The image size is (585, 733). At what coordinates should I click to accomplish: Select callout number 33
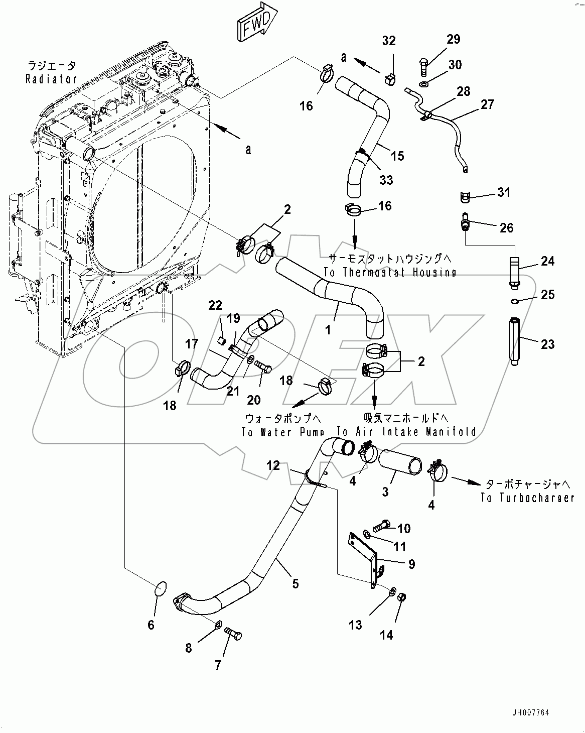(386, 180)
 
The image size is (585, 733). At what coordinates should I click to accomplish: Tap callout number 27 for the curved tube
(487, 104)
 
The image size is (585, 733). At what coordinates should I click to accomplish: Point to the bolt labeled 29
(422, 65)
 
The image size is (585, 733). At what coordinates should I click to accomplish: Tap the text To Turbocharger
(527, 498)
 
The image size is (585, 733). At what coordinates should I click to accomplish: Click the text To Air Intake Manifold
(406, 432)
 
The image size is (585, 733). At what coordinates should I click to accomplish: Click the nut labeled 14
(401, 597)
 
